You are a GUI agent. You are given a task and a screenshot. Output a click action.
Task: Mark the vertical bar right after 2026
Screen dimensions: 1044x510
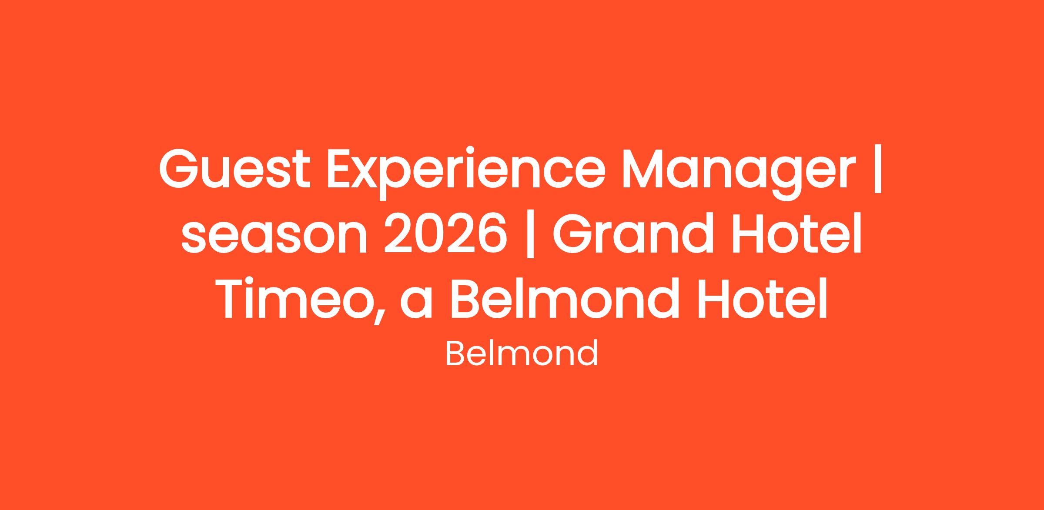click(x=530, y=236)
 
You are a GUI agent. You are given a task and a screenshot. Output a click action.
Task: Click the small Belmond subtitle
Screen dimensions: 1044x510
click(x=522, y=354)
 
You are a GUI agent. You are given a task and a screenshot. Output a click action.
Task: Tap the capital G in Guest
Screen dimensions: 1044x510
click(x=180, y=169)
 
